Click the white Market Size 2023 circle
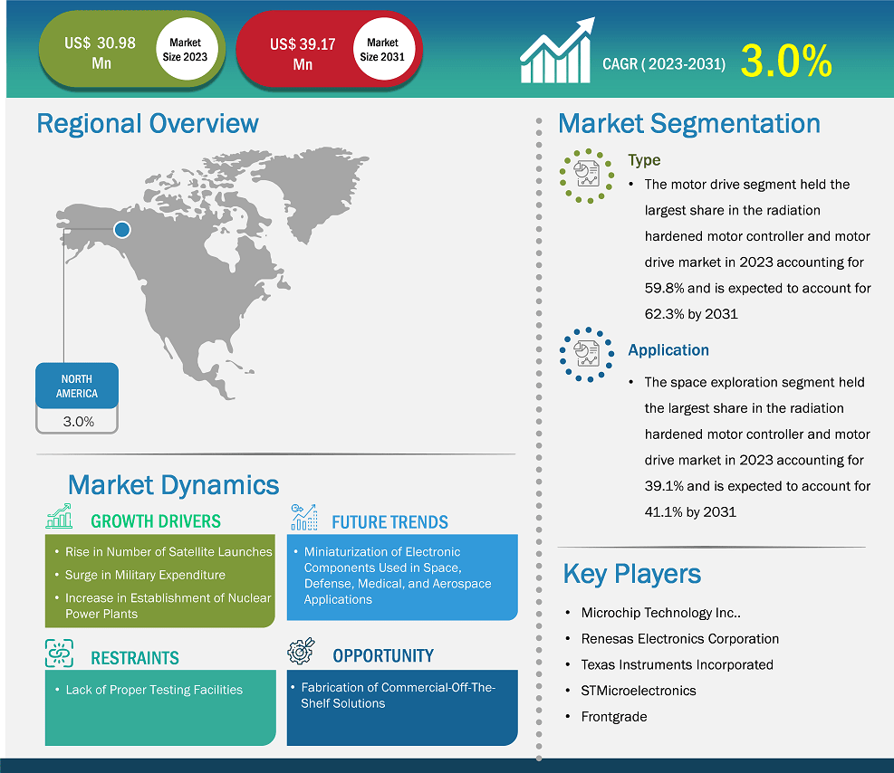[186, 49]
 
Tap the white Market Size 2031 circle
[382, 49]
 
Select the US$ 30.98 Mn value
[100, 53]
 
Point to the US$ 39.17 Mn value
[303, 54]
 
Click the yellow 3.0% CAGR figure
[786, 61]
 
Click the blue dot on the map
[122, 230]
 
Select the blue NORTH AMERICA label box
[77, 386]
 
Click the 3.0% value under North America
[79, 422]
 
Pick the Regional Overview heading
[148, 124]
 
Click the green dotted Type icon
[587, 176]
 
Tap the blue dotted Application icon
[587, 354]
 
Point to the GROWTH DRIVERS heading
[156, 521]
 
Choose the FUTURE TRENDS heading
[390, 521]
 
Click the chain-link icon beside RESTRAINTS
[59, 653]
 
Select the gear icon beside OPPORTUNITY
[301, 651]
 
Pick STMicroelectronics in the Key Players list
[639, 691]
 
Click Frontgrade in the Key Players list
[614, 717]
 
